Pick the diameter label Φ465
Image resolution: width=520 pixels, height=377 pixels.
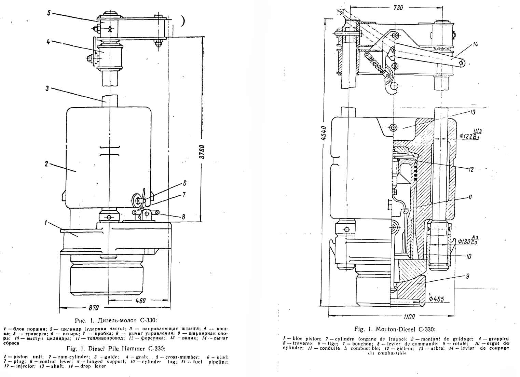(436, 299)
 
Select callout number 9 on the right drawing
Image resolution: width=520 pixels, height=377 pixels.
(468, 276)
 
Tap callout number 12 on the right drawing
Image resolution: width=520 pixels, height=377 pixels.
(471, 169)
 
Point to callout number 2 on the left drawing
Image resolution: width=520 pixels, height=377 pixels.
(46, 164)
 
